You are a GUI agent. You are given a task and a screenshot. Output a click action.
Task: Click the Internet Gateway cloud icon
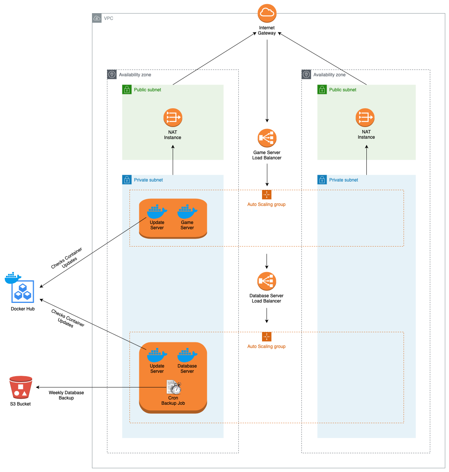pos(267,14)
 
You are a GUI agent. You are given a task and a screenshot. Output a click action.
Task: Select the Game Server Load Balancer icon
pos(267,138)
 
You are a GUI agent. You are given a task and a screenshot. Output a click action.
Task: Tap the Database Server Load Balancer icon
pos(267,281)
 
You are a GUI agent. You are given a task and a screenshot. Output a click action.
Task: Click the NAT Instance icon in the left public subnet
pos(173,118)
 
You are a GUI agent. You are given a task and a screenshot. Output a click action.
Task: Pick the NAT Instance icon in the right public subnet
pos(365,118)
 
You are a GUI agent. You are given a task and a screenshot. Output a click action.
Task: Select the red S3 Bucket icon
pos(21,387)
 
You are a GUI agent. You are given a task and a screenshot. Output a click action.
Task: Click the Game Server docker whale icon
pos(187,212)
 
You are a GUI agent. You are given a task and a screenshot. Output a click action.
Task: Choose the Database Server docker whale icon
pos(187,356)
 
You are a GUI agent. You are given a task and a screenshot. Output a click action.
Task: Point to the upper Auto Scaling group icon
pos(267,195)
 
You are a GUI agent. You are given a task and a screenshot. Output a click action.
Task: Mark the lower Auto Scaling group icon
pos(267,337)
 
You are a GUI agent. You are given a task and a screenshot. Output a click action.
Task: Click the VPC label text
pos(108,18)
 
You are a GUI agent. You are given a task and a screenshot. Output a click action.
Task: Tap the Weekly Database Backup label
pos(66,395)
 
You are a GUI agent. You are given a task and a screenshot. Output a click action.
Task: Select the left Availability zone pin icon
pos(112,74)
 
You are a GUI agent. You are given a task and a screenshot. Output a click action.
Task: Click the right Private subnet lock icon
pos(322,180)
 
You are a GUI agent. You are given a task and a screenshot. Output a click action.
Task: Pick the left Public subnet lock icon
pos(127,89)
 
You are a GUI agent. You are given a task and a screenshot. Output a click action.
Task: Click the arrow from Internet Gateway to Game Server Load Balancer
pos(267,81)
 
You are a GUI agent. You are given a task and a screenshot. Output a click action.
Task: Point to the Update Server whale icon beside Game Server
pos(157,212)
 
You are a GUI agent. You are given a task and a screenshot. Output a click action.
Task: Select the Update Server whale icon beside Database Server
pos(157,356)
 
